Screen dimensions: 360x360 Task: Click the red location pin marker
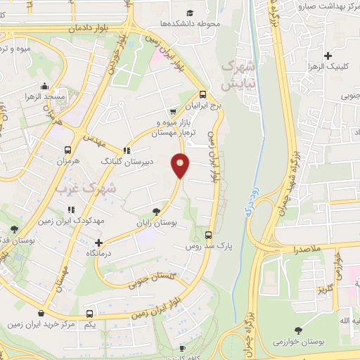click(x=181, y=165)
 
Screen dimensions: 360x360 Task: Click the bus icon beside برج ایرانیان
click(x=202, y=94)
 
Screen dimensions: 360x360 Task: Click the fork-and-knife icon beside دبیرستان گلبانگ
click(x=127, y=150)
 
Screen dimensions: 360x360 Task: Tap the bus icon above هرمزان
click(x=68, y=150)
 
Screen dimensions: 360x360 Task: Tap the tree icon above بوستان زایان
click(x=155, y=210)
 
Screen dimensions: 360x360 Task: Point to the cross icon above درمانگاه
click(x=99, y=242)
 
